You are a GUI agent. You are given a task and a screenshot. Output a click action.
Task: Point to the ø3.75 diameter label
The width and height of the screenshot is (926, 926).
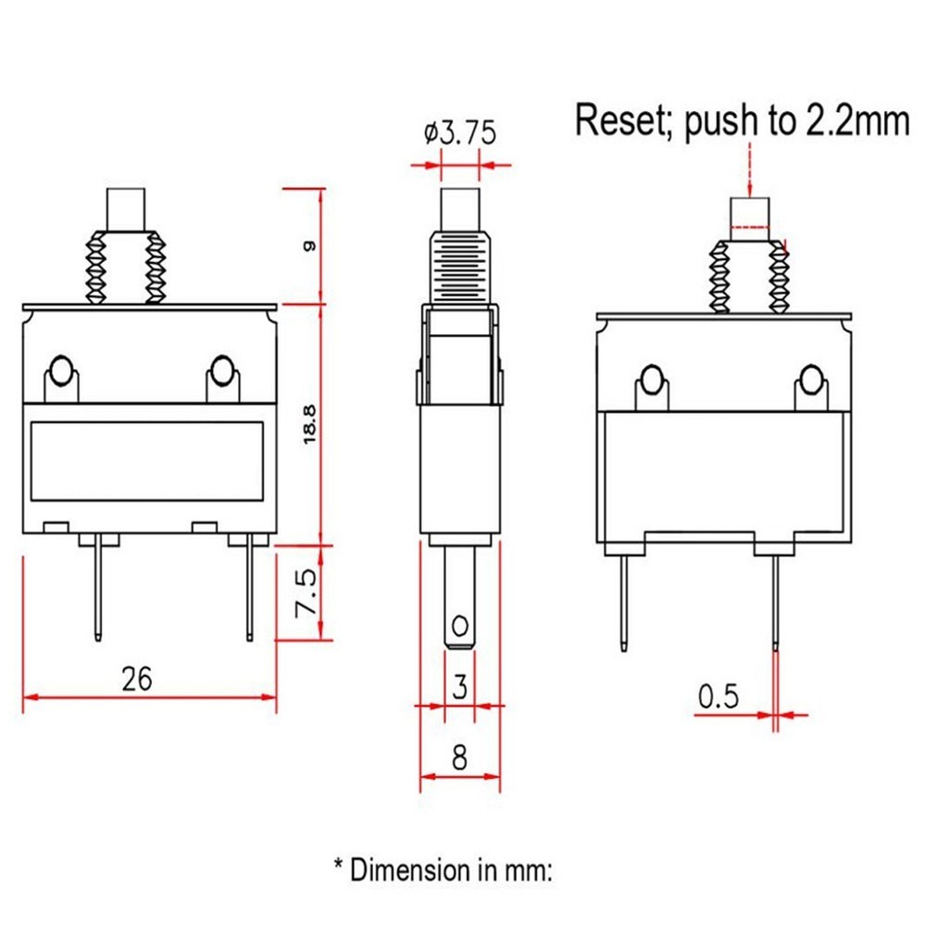pos(460,132)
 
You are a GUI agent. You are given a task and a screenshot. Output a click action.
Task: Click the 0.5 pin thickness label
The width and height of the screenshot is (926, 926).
pos(719,695)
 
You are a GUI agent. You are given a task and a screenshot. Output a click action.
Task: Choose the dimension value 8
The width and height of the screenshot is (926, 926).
pos(459,758)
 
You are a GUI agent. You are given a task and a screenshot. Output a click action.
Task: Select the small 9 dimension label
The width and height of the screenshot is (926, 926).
pos(310,246)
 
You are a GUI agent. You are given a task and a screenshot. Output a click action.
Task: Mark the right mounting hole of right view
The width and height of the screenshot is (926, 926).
pos(811,380)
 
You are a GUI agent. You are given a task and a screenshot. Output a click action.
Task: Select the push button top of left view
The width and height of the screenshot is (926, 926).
pos(128,208)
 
